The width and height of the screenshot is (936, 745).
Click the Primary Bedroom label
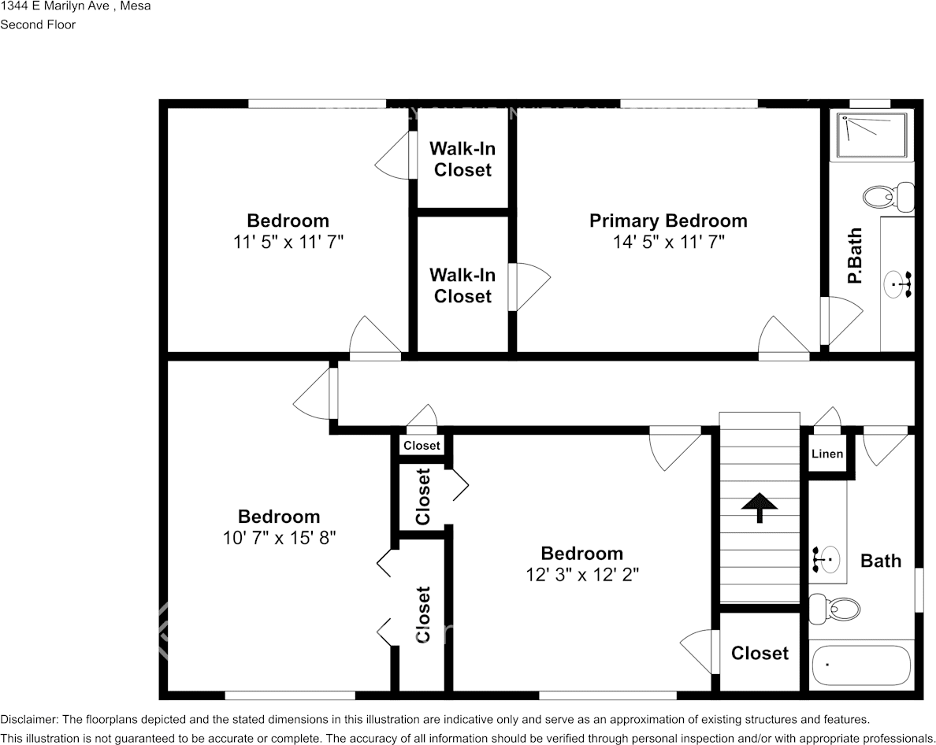point(668,221)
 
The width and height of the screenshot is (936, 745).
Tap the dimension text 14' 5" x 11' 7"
point(668,243)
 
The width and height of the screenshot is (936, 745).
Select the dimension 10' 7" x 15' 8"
point(279,539)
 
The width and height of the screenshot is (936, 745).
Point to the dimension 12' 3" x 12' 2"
point(581,575)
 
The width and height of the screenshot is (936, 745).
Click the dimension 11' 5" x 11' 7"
point(288,243)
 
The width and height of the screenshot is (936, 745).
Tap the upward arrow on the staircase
point(760,506)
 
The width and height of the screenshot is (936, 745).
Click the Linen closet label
point(827,454)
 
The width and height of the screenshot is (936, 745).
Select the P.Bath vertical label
point(855,256)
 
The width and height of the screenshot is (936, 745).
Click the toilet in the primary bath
point(886,195)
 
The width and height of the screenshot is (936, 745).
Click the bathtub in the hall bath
point(860,666)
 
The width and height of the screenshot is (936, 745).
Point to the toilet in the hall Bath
point(834,609)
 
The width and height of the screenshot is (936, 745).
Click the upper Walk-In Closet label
point(462,159)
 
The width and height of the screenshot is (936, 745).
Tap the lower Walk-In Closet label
point(462,285)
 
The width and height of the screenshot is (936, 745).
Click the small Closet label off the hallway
point(422,446)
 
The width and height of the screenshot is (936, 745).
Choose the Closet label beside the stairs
point(760,653)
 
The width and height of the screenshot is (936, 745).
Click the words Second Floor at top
point(38,24)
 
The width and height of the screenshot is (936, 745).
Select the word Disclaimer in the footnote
point(28,719)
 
